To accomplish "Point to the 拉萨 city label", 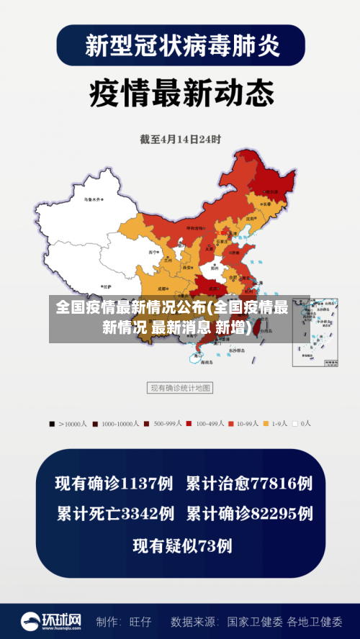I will point(107,286).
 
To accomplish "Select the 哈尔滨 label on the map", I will point(270,192).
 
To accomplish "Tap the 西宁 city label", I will point(153,253).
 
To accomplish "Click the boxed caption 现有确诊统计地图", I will point(180,388).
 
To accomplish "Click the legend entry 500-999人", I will point(163,424).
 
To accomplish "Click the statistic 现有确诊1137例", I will point(114,483).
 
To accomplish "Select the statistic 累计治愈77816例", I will point(249,483).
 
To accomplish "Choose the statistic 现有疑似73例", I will point(182,545).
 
